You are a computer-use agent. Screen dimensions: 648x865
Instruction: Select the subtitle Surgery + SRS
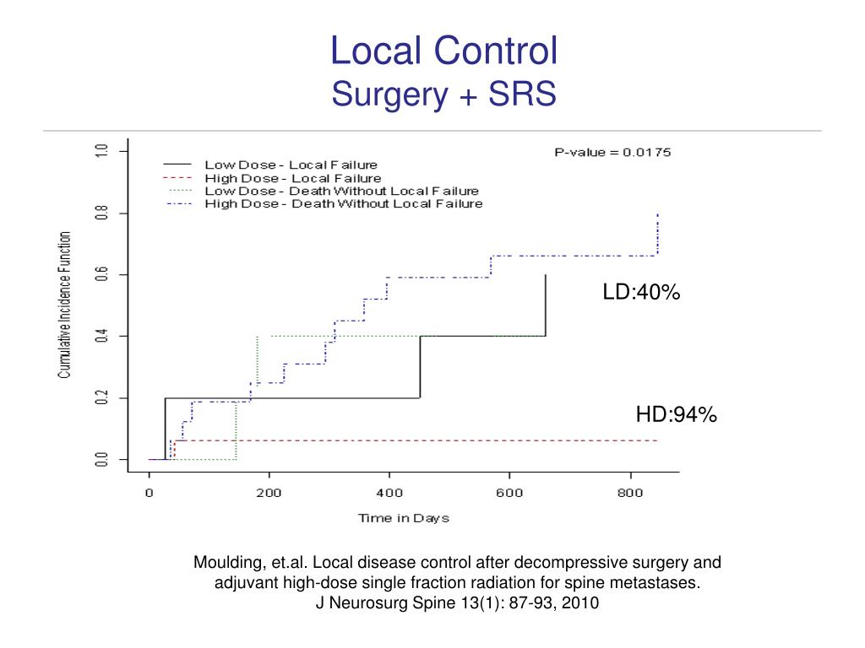click(443, 94)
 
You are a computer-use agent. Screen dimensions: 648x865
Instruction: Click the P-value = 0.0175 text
click(612, 153)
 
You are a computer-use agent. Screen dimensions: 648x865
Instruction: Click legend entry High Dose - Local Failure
click(292, 178)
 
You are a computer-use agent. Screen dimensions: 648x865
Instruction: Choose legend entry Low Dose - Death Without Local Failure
click(341, 191)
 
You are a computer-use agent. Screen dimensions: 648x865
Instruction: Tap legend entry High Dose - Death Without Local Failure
click(343, 203)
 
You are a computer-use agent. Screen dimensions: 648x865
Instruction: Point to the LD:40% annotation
click(641, 293)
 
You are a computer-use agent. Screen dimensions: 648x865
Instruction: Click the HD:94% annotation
click(676, 414)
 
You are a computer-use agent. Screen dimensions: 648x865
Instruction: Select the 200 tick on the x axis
click(269, 494)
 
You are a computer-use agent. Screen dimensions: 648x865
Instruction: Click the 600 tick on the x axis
click(509, 494)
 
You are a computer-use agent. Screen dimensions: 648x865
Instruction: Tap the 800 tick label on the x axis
click(629, 494)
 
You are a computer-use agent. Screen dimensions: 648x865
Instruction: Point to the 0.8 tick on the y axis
click(102, 213)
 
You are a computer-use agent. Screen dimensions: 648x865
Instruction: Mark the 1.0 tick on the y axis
click(102, 151)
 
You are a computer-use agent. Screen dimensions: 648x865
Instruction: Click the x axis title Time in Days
click(403, 518)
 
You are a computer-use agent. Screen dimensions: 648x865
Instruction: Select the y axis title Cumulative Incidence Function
click(65, 305)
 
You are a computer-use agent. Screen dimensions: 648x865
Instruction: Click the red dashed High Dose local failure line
click(422, 440)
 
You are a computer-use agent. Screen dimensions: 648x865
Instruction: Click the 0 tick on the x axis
click(149, 494)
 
